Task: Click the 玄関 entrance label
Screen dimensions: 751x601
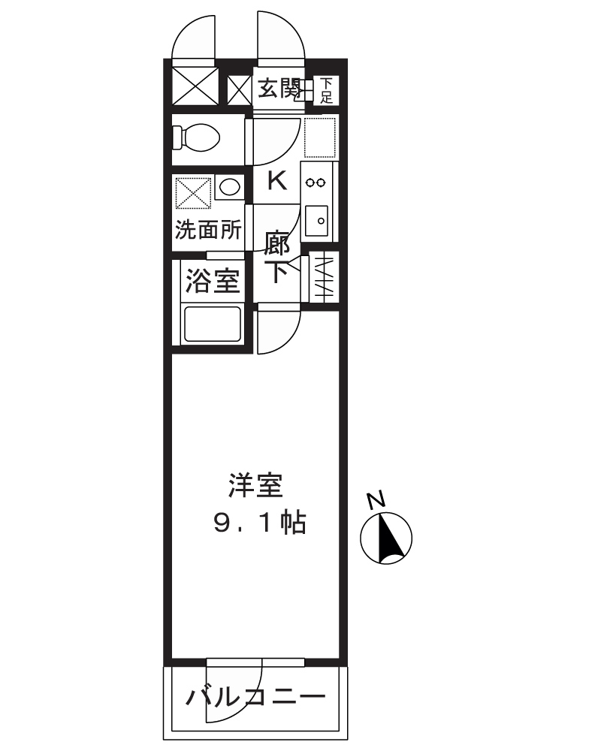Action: pyautogui.click(x=279, y=89)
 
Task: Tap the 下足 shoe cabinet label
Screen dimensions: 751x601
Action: pyautogui.click(x=326, y=90)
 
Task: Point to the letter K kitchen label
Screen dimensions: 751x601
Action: pyautogui.click(x=277, y=181)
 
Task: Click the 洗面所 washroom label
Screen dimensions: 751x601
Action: pyautogui.click(x=208, y=230)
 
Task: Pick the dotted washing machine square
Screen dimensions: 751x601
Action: pyautogui.click(x=192, y=193)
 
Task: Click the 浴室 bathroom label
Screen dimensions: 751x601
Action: pyautogui.click(x=213, y=282)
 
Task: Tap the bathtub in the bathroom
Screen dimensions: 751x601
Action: pyautogui.click(x=213, y=324)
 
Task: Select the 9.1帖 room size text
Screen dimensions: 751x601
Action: pyautogui.click(x=259, y=523)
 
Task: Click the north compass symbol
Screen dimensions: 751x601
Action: pyautogui.click(x=386, y=538)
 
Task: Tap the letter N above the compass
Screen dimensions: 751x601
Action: pyautogui.click(x=376, y=499)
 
